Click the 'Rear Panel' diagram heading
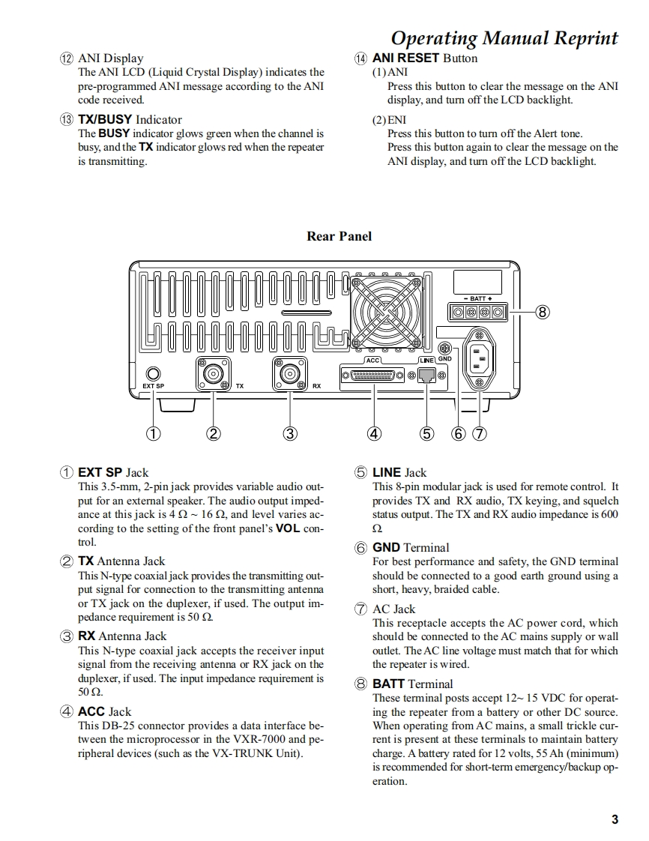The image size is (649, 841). coord(339,236)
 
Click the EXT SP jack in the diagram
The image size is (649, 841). coord(154,373)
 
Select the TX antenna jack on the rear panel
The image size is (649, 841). coord(214,373)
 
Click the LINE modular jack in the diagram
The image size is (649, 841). coord(426,377)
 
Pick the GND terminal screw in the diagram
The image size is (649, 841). coord(444,349)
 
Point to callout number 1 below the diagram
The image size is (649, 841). coord(154,432)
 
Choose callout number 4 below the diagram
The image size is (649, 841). coord(374,432)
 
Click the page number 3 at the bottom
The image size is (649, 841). coord(615,819)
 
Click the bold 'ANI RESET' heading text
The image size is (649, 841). coord(405,58)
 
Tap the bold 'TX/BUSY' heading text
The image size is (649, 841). coord(105,119)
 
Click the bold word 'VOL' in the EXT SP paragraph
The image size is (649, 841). coord(289,528)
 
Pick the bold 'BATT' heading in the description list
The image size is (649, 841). coord(388,684)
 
